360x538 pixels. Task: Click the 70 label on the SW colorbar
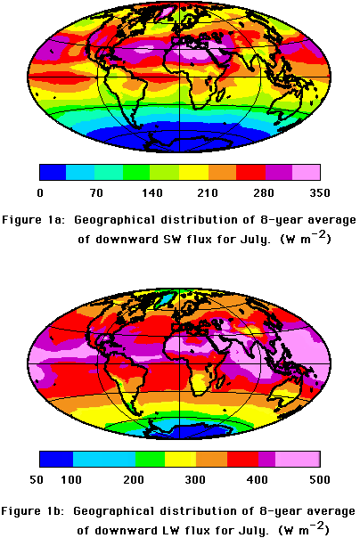[x=96, y=192]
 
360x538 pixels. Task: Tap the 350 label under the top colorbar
[x=320, y=192]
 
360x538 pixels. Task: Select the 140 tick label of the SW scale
[x=152, y=192]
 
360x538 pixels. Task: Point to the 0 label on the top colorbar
[x=40, y=192]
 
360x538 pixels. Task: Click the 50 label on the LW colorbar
[x=37, y=479]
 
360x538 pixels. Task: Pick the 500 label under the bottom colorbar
[x=320, y=479]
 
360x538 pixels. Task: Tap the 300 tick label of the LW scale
[x=195, y=479]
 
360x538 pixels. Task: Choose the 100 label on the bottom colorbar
[x=71, y=479]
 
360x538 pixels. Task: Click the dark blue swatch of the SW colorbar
[x=53, y=172]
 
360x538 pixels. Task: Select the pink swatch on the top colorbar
[x=307, y=172]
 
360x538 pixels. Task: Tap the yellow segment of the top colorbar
[x=193, y=172]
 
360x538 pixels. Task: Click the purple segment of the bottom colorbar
[x=266, y=459]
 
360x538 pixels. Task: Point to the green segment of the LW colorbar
[x=150, y=459]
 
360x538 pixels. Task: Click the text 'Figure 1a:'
[x=33, y=220]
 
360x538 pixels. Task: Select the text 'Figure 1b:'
[x=33, y=511]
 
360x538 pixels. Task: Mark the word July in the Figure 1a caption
[x=254, y=240]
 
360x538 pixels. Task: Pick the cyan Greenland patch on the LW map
[x=165, y=298]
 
